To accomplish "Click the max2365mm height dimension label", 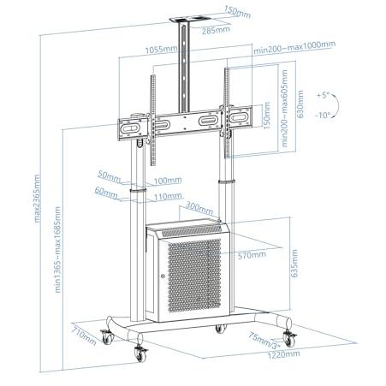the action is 37,199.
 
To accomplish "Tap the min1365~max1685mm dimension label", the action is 57,250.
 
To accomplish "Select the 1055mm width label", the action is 161,50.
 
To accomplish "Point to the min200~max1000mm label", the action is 294,47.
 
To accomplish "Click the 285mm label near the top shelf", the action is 216,30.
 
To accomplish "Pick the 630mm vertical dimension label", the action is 300,104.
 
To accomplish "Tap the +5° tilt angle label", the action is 324,95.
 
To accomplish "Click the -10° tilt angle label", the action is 323,116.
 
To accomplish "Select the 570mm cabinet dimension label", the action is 252,255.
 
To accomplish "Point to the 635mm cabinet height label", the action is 294,264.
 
